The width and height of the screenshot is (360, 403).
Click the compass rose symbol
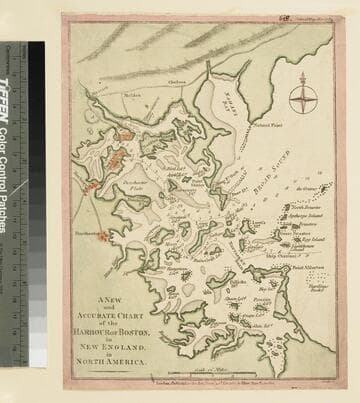coord(304,99)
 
